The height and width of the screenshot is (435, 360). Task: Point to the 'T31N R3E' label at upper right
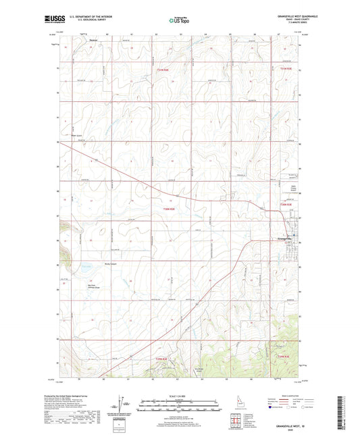[x=286, y=68]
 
